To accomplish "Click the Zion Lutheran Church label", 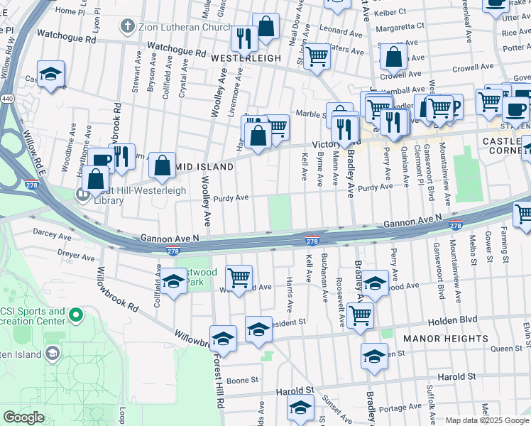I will click(183, 28).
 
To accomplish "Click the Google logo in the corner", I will click(23, 417).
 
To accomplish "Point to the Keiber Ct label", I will click(391, 12).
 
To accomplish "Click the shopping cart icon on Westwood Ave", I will click(239, 278).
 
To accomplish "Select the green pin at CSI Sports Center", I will click(76, 313).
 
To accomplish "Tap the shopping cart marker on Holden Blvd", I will click(360, 313).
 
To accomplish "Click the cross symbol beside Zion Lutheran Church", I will click(127, 28).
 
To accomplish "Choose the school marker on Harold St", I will click(300, 407).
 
